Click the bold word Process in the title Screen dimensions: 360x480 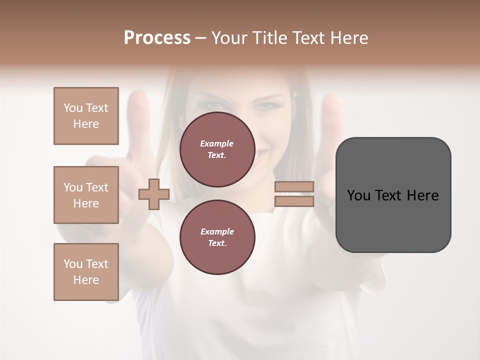(157, 38)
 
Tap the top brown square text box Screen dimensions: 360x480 (86, 116)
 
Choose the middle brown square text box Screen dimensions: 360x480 (86, 195)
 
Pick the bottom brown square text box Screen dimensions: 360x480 (86, 272)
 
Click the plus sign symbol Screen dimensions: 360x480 (154, 194)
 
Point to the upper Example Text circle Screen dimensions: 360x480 (217, 149)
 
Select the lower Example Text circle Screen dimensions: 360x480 (217, 237)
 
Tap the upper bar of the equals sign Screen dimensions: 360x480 (294, 187)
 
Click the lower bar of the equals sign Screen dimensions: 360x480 (294, 201)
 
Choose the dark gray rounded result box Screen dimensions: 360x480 (393, 220)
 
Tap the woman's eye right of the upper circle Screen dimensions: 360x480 (265, 106)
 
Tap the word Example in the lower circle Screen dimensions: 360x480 (217, 231)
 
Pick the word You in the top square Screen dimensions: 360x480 (73, 108)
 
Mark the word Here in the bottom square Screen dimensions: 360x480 (86, 280)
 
